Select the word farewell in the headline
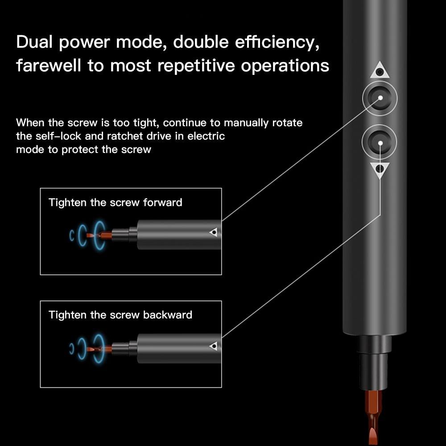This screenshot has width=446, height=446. [49, 66]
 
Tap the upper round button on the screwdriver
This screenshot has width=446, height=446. [379, 98]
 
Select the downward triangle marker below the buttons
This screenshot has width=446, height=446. [379, 169]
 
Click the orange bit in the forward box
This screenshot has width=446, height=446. [100, 235]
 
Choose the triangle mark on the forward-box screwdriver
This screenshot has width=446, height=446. [214, 232]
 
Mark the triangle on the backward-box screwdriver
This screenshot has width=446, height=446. [214, 346]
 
